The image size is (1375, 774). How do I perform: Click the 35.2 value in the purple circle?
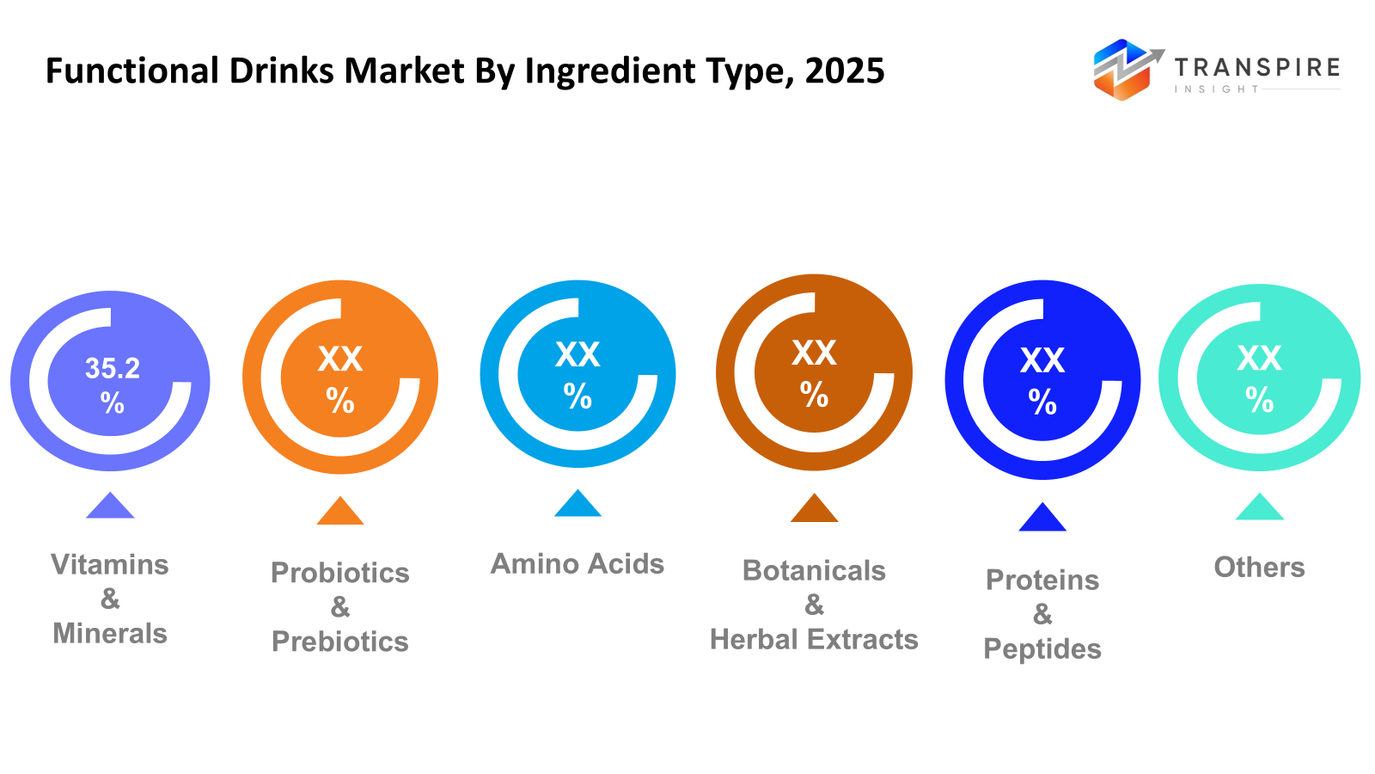click(113, 369)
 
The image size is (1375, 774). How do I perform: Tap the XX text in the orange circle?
click(340, 359)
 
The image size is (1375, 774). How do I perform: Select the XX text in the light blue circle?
click(577, 354)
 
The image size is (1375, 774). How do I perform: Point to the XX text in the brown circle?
click(814, 353)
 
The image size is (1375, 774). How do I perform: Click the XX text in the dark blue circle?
click(1042, 360)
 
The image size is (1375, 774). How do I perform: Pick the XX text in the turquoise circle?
click(1259, 358)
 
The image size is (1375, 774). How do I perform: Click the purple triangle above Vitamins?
click(110, 507)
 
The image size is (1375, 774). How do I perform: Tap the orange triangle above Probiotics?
click(340, 513)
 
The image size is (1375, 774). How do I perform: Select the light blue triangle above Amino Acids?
click(577, 505)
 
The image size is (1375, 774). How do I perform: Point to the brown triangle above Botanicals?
click(814, 510)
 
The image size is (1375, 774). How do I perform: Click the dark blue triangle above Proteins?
click(1042, 519)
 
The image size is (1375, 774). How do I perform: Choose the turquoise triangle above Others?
click(1259, 508)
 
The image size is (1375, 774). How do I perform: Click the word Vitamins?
click(110, 565)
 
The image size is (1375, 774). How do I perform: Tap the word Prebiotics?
click(340, 642)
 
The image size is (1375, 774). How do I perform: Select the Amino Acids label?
click(577, 564)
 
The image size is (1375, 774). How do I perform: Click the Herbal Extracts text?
click(814, 640)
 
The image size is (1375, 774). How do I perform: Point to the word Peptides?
click(1042, 649)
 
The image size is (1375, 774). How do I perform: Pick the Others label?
click(1259, 568)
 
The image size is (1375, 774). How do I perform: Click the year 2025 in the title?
click(845, 71)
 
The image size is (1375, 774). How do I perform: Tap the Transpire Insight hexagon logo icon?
click(1122, 70)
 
